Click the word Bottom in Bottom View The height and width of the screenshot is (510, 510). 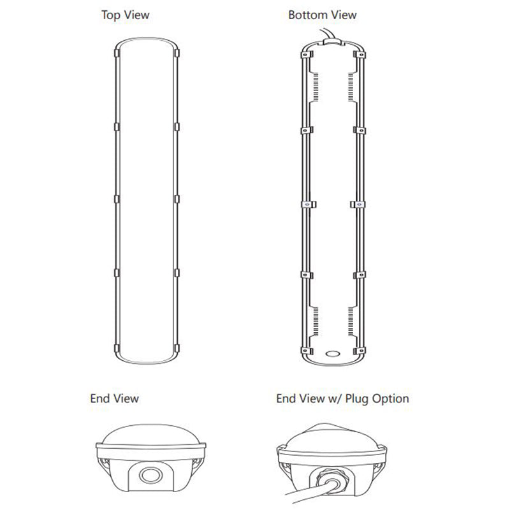pos(305,15)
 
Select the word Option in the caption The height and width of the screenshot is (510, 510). pos(390,399)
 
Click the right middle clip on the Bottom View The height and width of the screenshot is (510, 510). pos(358,205)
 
